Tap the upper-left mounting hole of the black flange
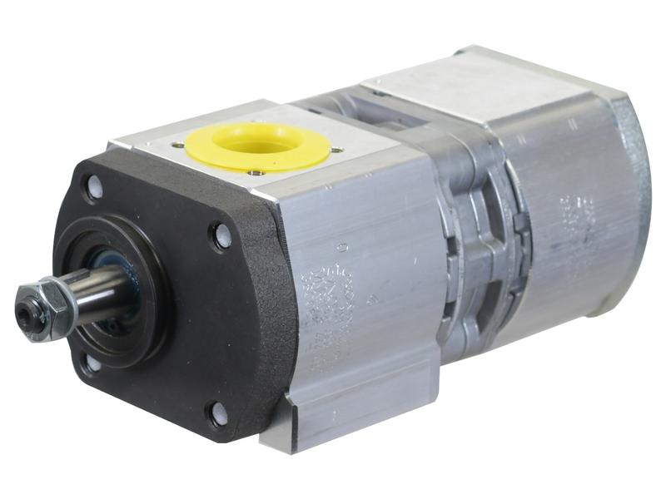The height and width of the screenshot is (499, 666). pyautogui.click(x=93, y=188)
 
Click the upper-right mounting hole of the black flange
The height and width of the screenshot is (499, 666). pyautogui.click(x=221, y=237)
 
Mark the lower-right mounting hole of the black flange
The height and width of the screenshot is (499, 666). pyautogui.click(x=218, y=413)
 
